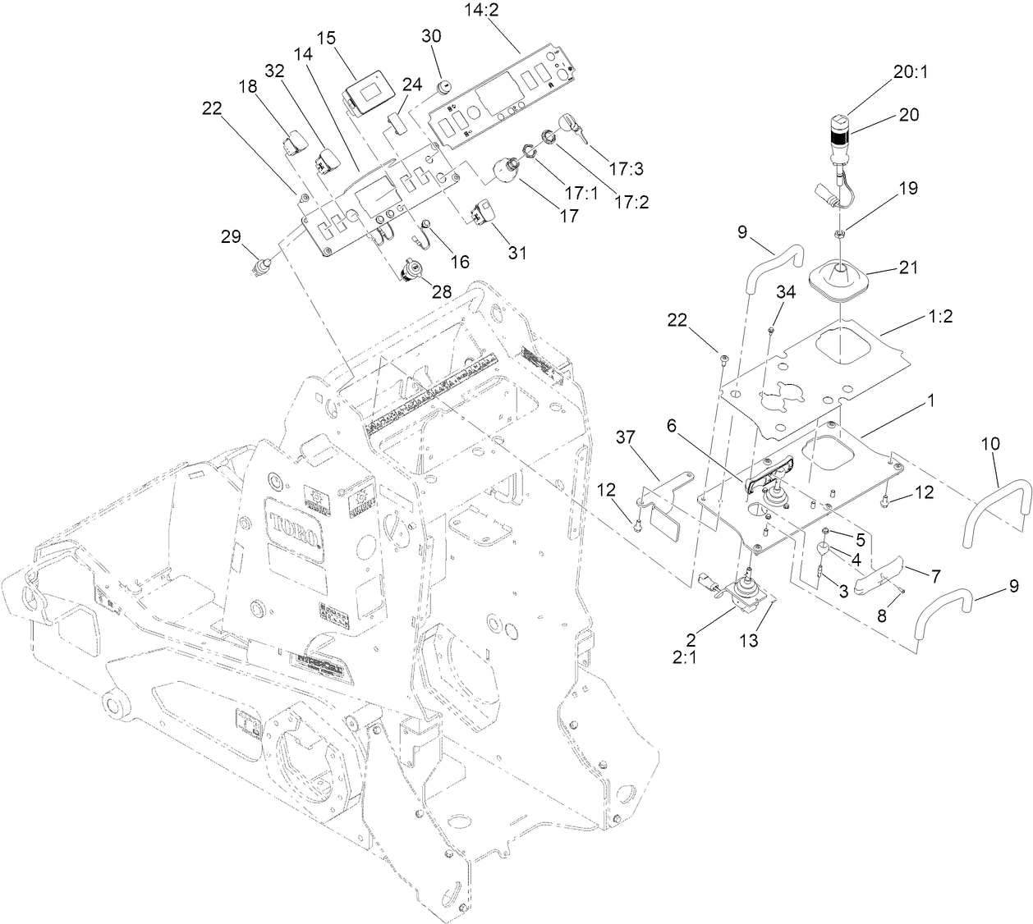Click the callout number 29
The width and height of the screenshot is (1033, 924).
click(x=231, y=236)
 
